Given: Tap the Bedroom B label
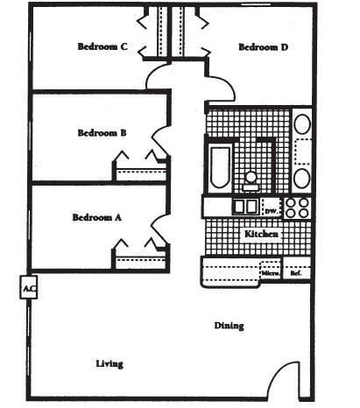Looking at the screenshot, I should pos(102,133).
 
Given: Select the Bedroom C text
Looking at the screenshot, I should pos(103,47).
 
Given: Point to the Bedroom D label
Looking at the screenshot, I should pos(264,47).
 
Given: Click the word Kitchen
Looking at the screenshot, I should pos(262,235).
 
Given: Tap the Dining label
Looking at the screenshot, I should pos(229,326).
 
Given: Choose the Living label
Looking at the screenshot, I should pos(109,363).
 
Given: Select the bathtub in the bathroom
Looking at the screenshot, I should pos(218,168).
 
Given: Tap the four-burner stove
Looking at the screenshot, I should pos(298,208).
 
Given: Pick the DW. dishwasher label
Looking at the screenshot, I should pos(271,211).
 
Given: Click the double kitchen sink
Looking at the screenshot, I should pos(244,207).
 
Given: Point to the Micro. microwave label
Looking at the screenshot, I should pos(271,275).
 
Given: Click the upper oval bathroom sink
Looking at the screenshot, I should pos(301,123).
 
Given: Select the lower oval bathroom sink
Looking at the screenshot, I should pos(301,178).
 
